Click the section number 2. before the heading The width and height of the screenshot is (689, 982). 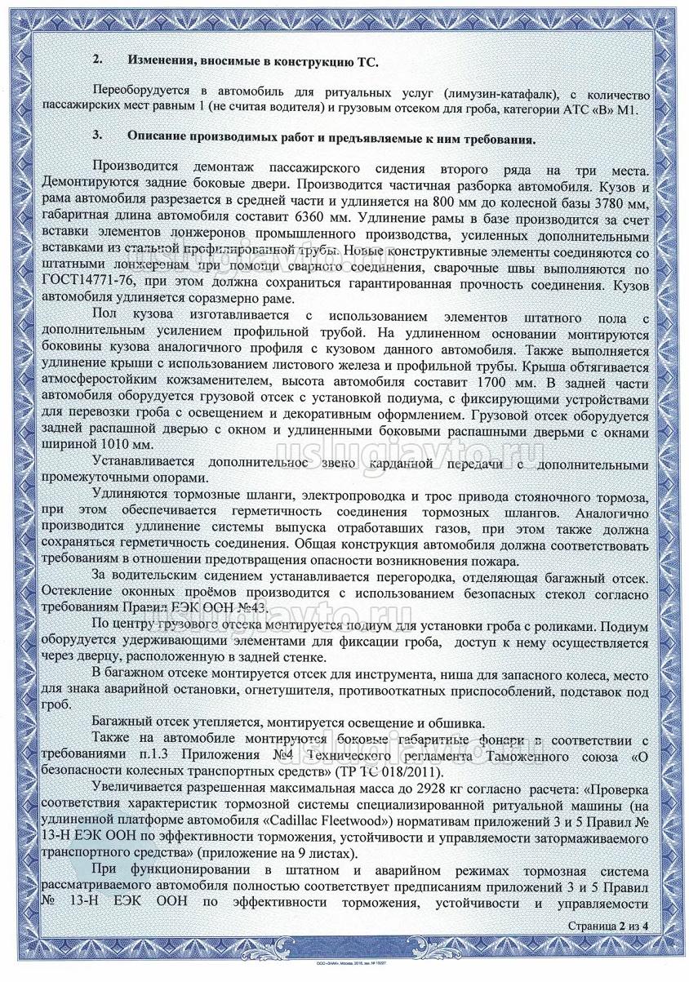point(98,61)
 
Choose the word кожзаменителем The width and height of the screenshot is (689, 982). point(221,381)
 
